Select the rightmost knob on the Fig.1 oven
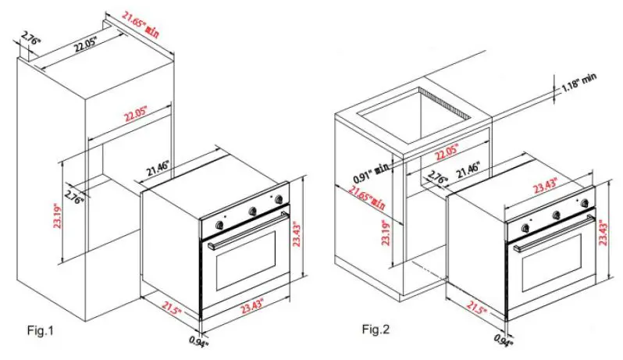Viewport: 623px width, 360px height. coord(277,201)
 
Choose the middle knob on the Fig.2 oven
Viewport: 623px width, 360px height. coord(556,214)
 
